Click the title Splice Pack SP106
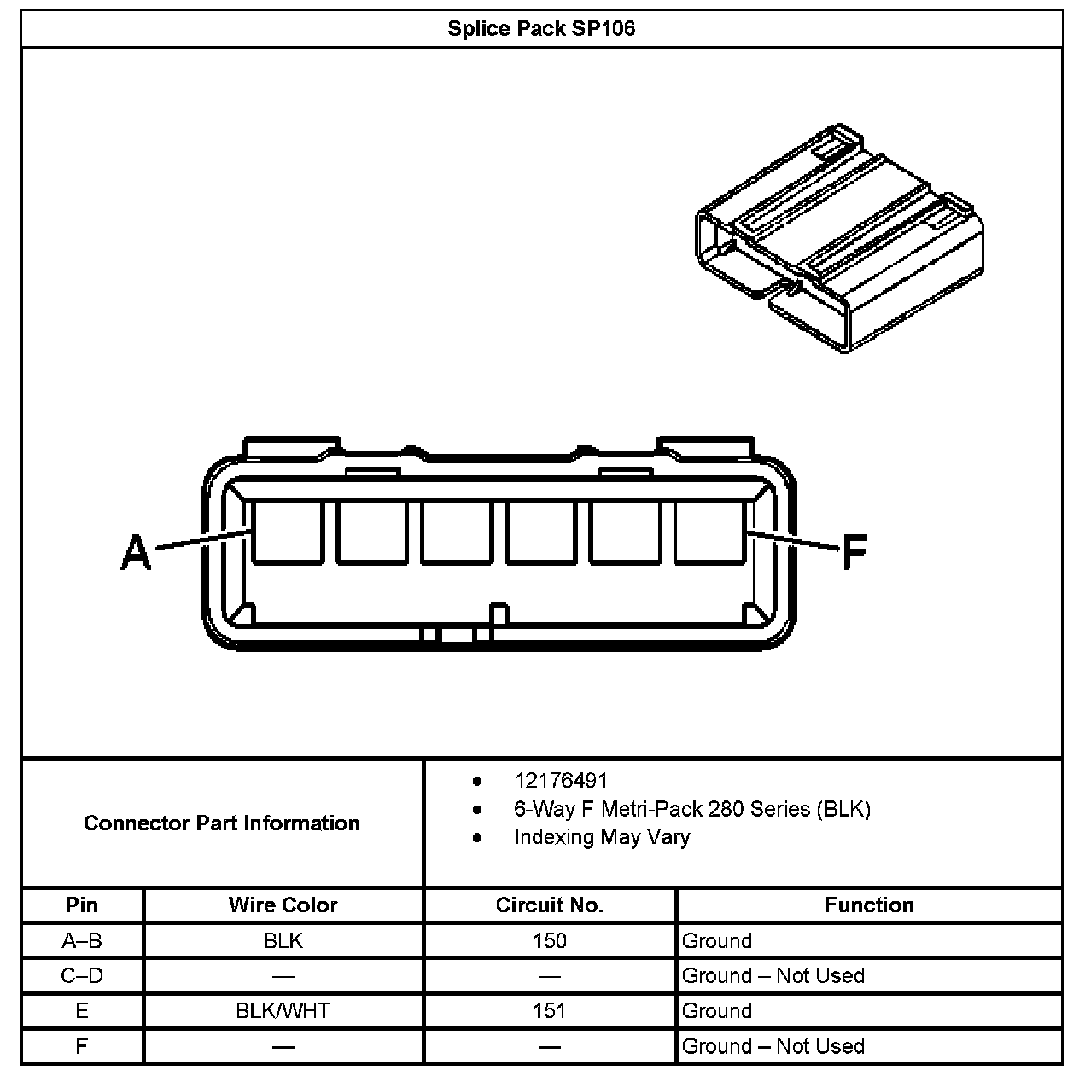pos(541,28)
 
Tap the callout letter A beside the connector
pos(136,551)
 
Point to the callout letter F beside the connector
pos(854,552)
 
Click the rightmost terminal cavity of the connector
pos(709,532)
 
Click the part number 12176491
pos(561,780)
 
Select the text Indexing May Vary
pos(602,837)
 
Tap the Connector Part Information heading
pos(222,823)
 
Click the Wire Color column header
pos(283,905)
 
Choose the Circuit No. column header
pos(549,905)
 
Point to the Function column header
pos(869,905)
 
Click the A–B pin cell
pos(82,940)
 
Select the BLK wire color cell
pos(283,940)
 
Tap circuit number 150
pos(549,940)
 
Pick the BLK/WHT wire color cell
pos(283,1011)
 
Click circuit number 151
pos(549,1011)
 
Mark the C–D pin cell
pos(82,975)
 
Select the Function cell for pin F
pos(773,1046)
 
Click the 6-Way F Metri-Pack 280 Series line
pos(692,809)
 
